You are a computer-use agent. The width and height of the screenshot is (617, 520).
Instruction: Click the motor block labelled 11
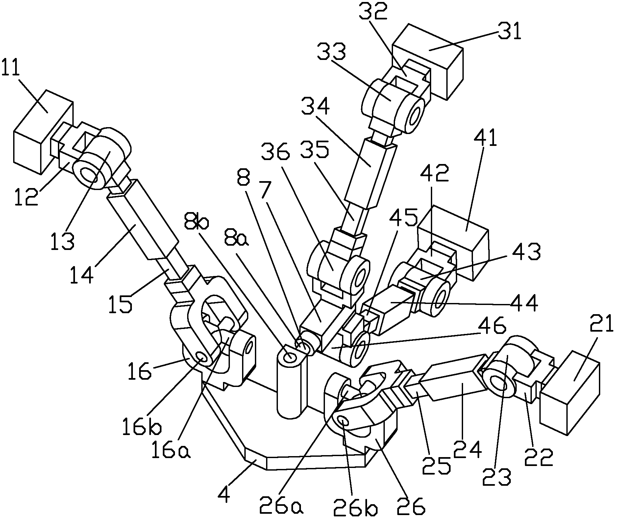point(43,131)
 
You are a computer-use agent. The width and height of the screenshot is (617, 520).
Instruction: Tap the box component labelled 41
point(453,243)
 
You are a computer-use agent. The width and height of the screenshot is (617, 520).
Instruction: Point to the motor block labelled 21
point(570,393)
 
